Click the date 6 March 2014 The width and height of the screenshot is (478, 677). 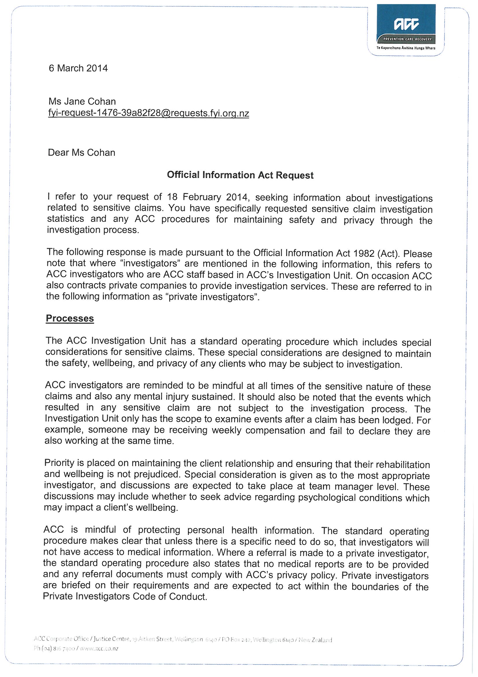pyautogui.click(x=78, y=68)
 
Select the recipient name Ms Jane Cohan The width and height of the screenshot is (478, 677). pyautogui.click(x=82, y=102)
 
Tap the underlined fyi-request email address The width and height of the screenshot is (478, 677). pyautogui.click(x=148, y=114)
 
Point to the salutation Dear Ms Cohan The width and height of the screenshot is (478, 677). pyautogui.click(x=82, y=153)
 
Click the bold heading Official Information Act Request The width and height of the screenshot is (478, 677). pyautogui.click(x=240, y=175)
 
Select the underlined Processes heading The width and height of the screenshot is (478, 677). pyautogui.click(x=70, y=319)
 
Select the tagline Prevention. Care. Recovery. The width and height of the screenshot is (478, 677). pyautogui.click(x=407, y=39)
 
